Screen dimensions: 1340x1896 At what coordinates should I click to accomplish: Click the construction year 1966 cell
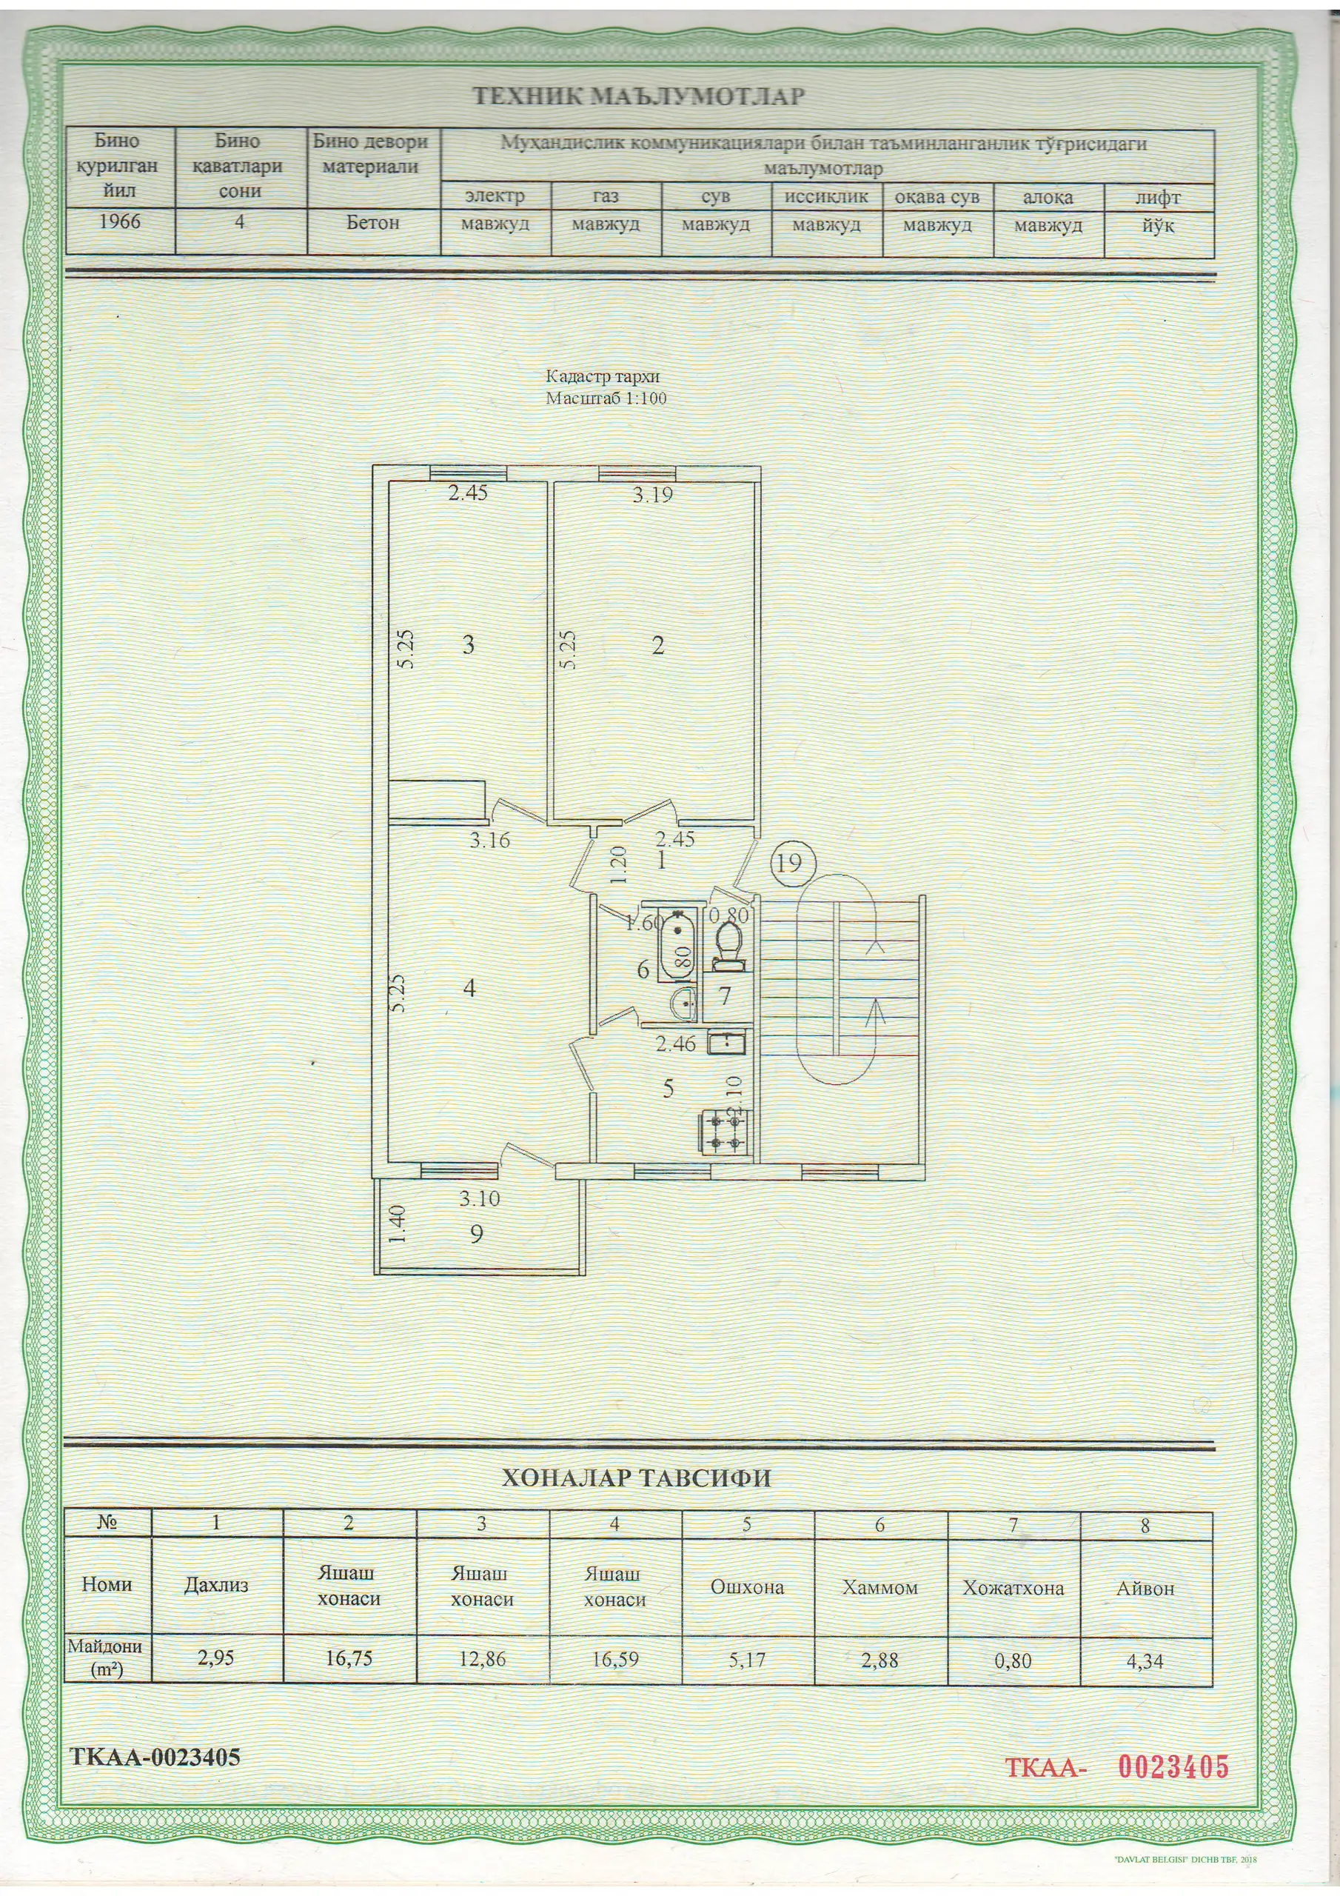point(120,222)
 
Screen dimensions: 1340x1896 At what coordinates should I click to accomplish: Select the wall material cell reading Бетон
point(373,222)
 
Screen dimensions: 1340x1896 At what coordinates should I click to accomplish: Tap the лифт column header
point(1158,197)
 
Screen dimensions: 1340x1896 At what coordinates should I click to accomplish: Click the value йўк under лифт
point(1158,224)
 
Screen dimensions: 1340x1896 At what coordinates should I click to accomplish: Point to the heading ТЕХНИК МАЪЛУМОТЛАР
point(638,96)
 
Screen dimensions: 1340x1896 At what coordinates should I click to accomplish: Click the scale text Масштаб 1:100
point(606,398)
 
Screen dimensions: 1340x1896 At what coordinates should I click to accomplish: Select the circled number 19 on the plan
point(790,863)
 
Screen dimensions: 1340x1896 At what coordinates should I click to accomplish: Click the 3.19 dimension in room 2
point(652,495)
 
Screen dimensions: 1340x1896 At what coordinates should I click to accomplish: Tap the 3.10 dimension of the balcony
point(480,1198)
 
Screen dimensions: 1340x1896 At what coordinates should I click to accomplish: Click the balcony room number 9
point(475,1234)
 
